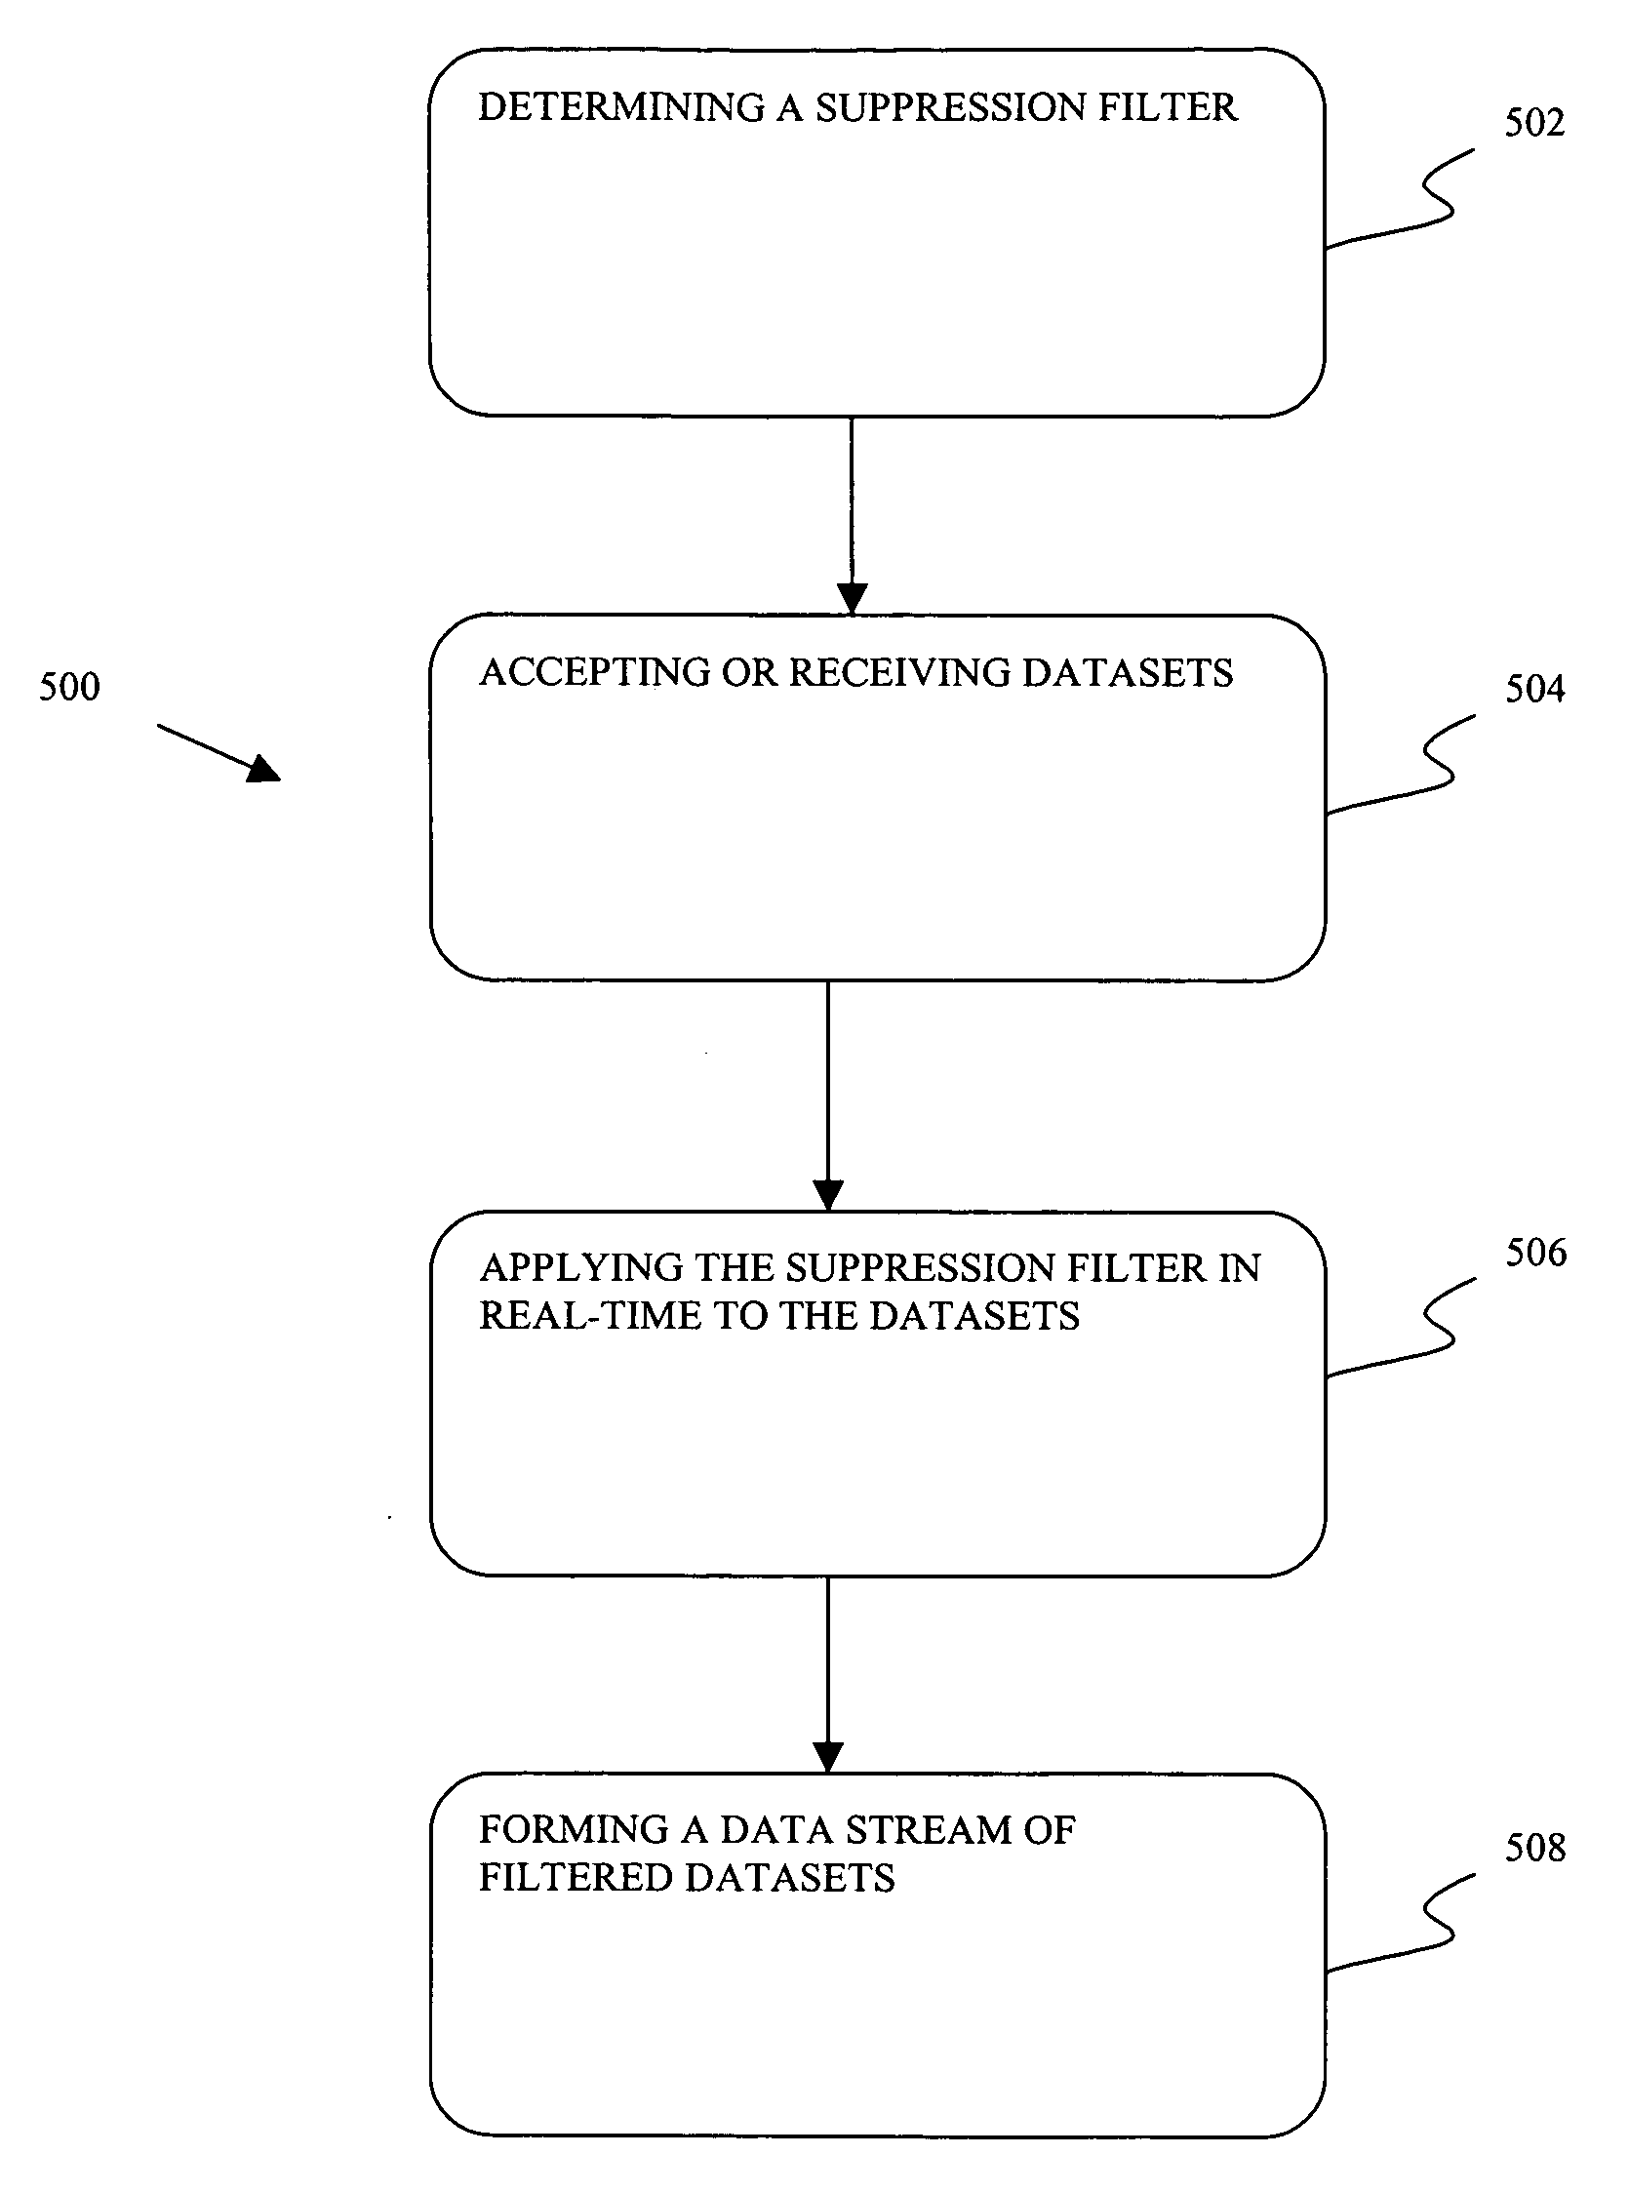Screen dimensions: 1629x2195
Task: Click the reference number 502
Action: click(1534, 123)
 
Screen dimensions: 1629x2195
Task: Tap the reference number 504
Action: click(1534, 690)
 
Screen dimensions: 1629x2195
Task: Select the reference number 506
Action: click(1535, 1254)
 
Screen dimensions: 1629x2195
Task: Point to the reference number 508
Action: click(1535, 1848)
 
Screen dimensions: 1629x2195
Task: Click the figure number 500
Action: click(69, 688)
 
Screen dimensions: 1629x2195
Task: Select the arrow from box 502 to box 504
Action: click(852, 516)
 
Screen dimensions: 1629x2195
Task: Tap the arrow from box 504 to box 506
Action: click(828, 1096)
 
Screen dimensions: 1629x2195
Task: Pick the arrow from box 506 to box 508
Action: click(828, 1675)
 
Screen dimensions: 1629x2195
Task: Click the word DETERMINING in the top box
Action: click(621, 107)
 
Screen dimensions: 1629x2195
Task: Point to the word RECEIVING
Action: click(900, 672)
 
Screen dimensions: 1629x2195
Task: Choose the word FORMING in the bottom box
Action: click(575, 1830)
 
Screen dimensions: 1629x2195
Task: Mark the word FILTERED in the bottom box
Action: click(576, 1878)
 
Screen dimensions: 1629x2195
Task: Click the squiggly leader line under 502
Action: click(1400, 198)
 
